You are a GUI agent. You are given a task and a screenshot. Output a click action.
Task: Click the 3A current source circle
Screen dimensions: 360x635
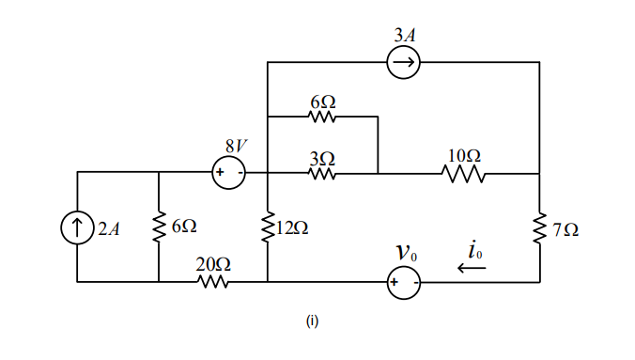404,63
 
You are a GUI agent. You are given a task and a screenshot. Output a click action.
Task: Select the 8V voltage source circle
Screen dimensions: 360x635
228,173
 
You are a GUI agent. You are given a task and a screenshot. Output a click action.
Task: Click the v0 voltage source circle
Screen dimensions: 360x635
404,282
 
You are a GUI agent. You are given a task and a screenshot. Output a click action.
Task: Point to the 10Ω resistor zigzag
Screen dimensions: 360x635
463,174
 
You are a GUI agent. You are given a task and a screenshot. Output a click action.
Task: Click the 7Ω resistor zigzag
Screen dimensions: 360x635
540,227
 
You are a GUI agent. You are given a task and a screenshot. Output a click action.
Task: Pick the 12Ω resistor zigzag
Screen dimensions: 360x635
268,227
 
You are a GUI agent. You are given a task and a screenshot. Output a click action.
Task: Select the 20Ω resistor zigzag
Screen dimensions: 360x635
213,282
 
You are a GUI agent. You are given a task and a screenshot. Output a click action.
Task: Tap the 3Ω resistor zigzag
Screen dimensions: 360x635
322,174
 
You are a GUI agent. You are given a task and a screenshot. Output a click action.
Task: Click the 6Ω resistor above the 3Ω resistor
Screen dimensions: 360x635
322,117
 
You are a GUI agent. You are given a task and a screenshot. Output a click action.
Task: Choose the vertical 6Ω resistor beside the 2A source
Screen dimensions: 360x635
158,227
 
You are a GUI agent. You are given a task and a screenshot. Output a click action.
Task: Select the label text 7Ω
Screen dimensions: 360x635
565,228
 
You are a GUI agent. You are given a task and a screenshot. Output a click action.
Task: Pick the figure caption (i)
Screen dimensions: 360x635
312,321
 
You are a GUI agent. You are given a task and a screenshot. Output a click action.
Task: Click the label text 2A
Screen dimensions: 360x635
108,228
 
